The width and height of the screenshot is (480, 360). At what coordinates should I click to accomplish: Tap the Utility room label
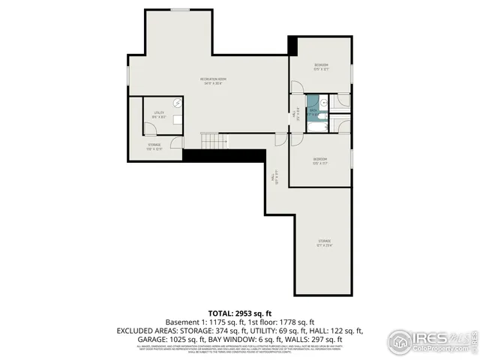[159, 114]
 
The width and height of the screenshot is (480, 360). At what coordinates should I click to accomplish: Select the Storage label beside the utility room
[154, 146]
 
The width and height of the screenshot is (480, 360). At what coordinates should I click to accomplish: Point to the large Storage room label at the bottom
[324, 242]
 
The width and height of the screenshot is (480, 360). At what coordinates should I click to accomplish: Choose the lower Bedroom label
[319, 160]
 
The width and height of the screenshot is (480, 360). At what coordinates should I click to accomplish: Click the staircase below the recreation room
[213, 141]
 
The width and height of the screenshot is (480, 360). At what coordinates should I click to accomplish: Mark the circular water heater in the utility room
[178, 103]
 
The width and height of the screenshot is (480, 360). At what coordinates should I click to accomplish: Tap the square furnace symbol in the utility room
[177, 118]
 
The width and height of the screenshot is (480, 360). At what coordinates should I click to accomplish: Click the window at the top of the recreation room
[179, 9]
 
